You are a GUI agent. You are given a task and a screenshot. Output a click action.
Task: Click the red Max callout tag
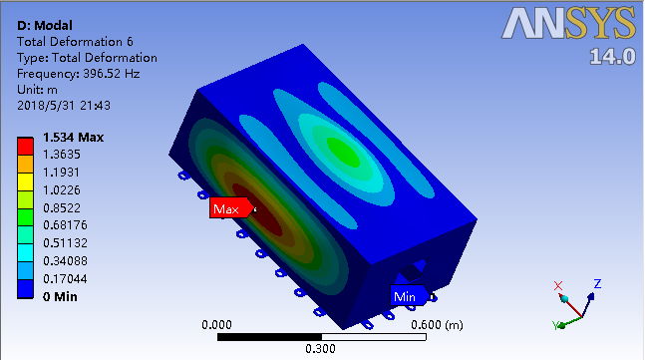pos(231,208)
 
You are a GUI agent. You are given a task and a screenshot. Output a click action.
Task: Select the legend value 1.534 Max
pos(73,137)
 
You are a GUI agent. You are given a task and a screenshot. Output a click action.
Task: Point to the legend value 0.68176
pos(65,225)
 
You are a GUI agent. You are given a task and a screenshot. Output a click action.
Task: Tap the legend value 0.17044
pos(65,279)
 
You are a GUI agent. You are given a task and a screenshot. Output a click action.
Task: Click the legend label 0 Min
pos(60,296)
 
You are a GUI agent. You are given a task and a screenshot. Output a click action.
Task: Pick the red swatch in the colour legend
pos(25,146)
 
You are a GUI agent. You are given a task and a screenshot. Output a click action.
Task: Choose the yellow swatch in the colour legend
pos(25,181)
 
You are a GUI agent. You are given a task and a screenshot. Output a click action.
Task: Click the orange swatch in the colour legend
pos(25,165)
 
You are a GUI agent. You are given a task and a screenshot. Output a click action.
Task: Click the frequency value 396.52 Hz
pos(112,74)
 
